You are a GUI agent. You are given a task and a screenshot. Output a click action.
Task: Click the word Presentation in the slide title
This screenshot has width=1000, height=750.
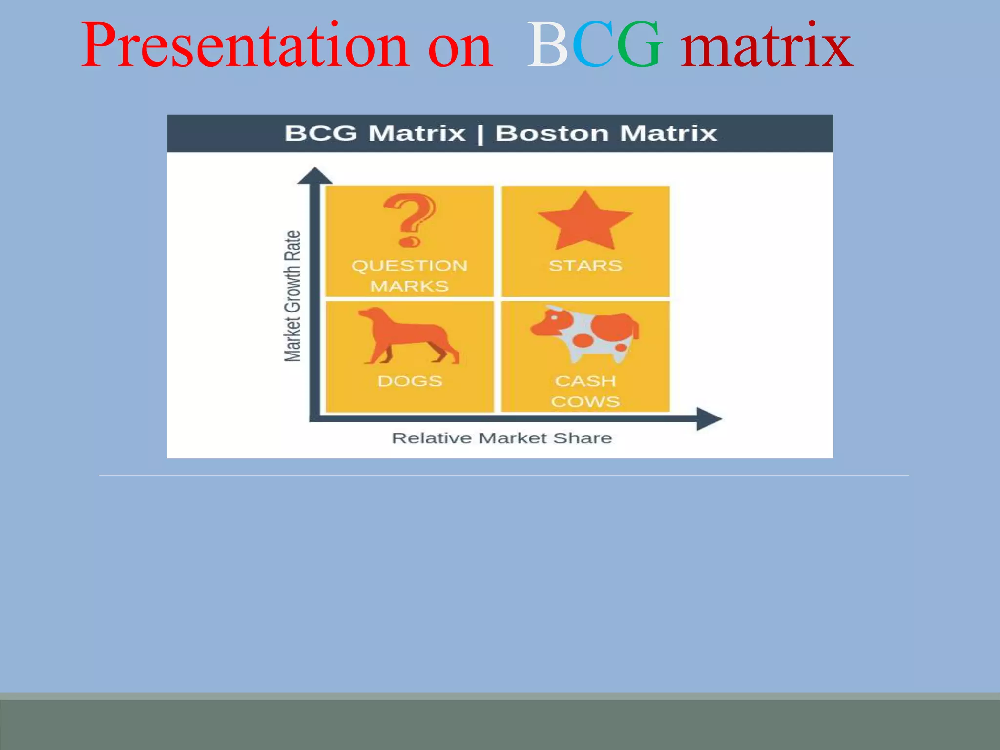click(244, 46)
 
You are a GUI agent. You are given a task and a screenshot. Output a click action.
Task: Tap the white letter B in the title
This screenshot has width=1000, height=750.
click(547, 46)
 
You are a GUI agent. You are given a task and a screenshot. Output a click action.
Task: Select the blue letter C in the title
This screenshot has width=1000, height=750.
click(592, 46)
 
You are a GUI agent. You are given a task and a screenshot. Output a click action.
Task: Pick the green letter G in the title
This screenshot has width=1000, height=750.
click(639, 46)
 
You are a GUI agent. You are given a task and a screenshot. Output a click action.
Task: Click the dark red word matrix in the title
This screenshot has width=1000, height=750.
click(767, 46)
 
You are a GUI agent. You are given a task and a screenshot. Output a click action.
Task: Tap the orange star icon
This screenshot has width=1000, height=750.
click(585, 222)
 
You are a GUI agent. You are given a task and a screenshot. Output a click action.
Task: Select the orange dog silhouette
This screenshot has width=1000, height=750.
click(408, 337)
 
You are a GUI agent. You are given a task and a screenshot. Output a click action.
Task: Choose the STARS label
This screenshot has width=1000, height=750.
click(585, 266)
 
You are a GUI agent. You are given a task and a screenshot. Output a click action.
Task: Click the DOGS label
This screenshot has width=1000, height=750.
click(410, 381)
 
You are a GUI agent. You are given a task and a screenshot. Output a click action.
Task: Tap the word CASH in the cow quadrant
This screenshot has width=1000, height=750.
click(585, 381)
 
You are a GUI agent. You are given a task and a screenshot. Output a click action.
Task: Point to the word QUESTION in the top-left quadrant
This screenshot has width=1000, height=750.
click(409, 266)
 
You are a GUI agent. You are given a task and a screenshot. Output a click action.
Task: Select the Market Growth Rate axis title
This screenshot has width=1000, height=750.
click(292, 296)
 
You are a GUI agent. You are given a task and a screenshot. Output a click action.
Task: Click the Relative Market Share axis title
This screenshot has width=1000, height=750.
click(501, 438)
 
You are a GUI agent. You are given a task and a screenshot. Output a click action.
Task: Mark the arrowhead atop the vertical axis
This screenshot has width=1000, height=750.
click(314, 176)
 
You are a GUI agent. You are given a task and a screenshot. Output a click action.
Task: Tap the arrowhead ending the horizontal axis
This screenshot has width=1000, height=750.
click(708, 418)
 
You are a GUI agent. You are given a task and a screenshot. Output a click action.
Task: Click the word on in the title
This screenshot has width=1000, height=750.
click(459, 46)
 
